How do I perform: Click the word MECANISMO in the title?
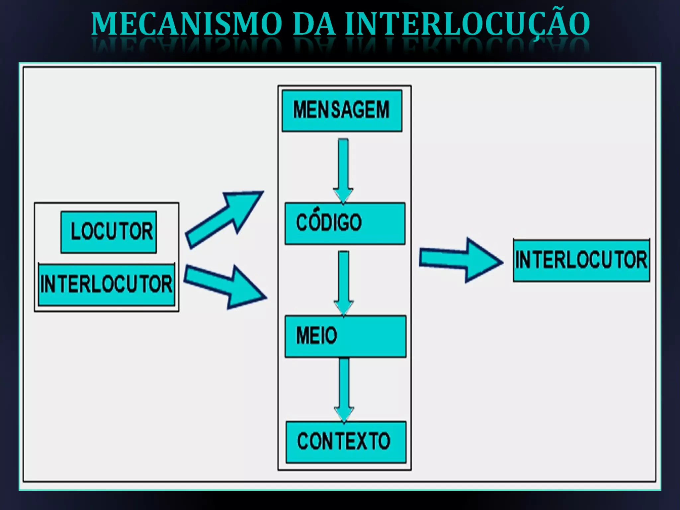coord(186,24)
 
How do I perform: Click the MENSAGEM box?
coord(342,111)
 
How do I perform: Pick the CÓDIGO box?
coord(345,223)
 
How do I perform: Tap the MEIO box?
coord(345,336)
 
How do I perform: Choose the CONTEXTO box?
coord(346,442)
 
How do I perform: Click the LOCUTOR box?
coord(109,232)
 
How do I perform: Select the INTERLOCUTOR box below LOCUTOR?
coord(106,285)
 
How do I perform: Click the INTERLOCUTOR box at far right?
coord(581,260)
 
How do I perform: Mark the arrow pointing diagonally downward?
coord(226,286)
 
